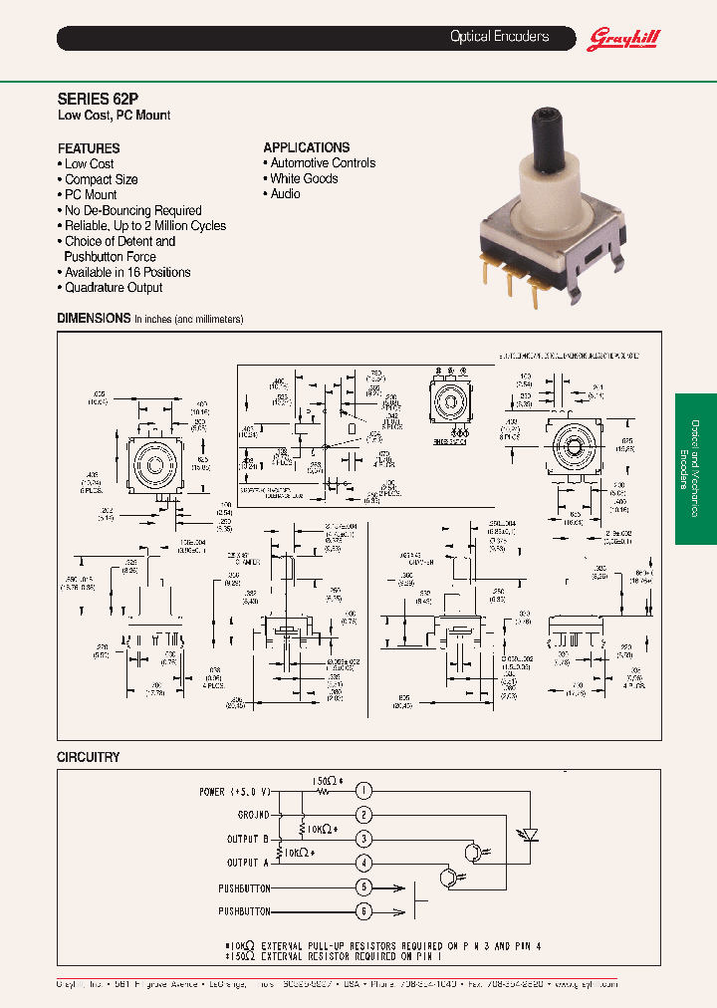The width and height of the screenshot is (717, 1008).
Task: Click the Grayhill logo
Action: pos(625,38)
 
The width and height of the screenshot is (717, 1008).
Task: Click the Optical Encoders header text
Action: pos(499,37)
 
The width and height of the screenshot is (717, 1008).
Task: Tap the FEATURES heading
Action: pos(89,147)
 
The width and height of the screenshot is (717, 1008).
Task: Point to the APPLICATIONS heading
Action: pos(306,146)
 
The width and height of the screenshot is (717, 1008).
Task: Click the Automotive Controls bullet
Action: pos(323,162)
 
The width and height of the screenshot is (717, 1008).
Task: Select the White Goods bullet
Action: pos(304,178)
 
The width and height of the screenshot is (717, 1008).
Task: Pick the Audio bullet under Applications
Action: pos(285,194)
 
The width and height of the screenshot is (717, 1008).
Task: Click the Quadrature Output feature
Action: pos(114,288)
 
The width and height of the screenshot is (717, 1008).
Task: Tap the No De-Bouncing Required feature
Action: pos(132,210)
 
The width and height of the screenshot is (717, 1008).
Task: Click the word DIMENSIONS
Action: pos(94,319)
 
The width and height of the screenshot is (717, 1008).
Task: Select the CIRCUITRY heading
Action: pos(89,757)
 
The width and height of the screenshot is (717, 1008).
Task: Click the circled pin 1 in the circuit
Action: pos(364,791)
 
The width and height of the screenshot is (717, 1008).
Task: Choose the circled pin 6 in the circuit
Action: pos(364,910)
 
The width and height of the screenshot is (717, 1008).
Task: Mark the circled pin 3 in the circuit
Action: pos(364,839)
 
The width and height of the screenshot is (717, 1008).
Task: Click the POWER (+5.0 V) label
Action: pos(234,792)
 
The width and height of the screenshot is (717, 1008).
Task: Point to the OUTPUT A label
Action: pos(242,863)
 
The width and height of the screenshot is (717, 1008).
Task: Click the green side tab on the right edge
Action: pos(695,468)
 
